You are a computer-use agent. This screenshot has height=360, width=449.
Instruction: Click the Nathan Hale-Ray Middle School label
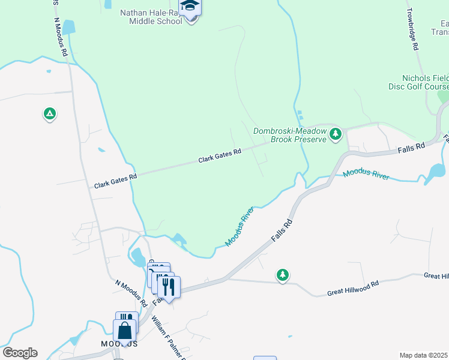(x=151, y=17)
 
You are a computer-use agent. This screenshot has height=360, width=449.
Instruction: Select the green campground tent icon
(x=49, y=113)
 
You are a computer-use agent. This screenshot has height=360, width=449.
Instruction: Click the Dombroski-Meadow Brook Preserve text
(x=290, y=135)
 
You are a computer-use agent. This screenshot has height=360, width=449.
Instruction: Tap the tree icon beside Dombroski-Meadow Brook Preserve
(x=336, y=134)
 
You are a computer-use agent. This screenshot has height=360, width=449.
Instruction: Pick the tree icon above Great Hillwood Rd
(x=282, y=275)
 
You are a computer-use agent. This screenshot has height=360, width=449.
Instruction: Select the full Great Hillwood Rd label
(x=353, y=289)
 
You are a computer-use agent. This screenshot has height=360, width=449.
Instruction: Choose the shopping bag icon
(x=124, y=331)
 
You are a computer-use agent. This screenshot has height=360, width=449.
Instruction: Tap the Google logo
(x=20, y=353)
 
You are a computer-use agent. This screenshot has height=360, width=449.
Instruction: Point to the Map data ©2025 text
(x=423, y=355)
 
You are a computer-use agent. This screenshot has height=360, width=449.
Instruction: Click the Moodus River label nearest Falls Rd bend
(x=240, y=227)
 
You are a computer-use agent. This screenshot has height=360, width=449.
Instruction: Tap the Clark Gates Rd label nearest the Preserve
(x=220, y=157)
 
